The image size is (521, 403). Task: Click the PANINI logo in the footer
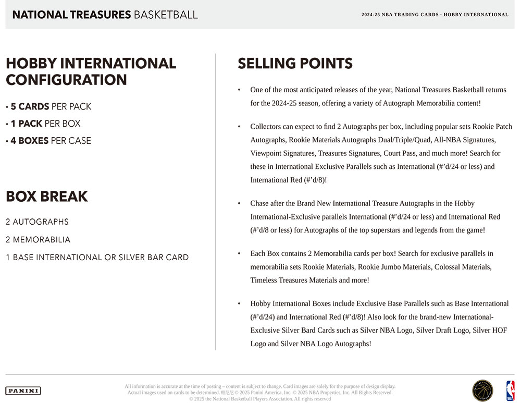[23, 390]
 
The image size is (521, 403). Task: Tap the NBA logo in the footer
[510, 390]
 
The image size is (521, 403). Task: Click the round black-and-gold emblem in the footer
[482, 390]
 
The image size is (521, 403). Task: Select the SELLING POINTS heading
[295, 64]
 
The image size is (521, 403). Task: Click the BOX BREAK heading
[47, 197]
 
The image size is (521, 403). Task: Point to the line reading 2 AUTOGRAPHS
[37, 222]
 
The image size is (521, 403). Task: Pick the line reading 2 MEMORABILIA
[38, 240]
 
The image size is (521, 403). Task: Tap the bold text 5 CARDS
[30, 107]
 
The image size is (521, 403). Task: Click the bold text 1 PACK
[27, 124]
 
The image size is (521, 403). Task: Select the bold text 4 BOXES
[30, 141]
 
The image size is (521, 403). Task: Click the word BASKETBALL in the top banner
[166, 15]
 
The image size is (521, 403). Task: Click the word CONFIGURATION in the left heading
[66, 80]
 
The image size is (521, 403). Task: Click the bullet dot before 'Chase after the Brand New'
[239, 203]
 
